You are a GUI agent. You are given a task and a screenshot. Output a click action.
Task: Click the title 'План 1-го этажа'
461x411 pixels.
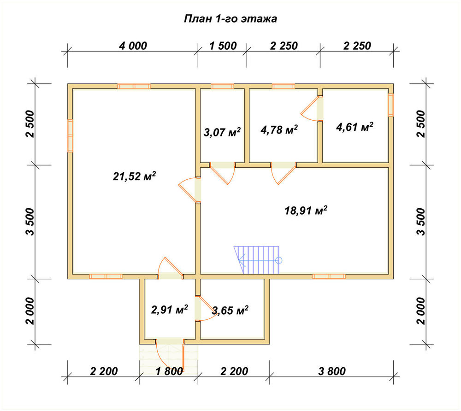230,19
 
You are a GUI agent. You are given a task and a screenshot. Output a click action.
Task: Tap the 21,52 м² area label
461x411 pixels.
134,176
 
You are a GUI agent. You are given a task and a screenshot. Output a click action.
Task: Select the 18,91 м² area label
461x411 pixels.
306,211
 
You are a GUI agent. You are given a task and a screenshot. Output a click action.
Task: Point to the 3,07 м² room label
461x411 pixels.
222,132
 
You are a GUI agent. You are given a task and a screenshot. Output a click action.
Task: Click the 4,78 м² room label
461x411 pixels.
279,129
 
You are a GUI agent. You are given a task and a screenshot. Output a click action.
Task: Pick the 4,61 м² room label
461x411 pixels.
355,127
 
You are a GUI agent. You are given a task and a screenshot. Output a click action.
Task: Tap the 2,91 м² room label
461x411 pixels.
169,310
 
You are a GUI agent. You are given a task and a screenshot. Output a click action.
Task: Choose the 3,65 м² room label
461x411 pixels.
230,310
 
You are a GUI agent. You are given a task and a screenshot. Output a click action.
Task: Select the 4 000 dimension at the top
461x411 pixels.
133,46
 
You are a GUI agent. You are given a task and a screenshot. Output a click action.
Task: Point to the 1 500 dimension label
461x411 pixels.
223,46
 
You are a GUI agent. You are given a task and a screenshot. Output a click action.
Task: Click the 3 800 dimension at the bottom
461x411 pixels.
332,371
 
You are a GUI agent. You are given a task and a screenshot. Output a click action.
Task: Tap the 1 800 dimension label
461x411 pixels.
169,371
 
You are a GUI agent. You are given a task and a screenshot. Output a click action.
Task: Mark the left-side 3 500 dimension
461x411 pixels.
30,222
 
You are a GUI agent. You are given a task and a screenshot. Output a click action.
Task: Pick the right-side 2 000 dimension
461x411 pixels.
421,311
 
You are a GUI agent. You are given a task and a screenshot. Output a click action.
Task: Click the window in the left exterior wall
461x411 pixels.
70,135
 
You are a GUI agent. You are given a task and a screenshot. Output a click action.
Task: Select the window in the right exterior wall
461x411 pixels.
391,105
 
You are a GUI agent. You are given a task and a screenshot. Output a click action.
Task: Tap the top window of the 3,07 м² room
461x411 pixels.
222,86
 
